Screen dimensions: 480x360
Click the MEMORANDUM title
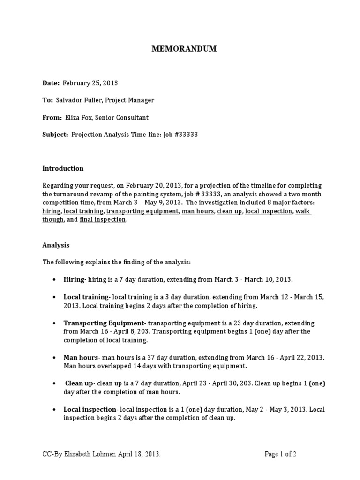click(x=183, y=49)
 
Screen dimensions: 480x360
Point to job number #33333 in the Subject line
click(x=186, y=134)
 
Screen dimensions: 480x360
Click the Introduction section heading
click(x=63, y=168)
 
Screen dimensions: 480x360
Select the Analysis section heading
click(x=56, y=245)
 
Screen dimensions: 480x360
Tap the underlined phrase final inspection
click(x=103, y=219)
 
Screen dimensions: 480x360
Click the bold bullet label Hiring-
click(x=75, y=279)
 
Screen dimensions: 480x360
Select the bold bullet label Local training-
click(x=87, y=297)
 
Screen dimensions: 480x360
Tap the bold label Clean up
click(x=79, y=383)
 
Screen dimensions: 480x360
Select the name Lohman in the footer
click(x=113, y=454)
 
